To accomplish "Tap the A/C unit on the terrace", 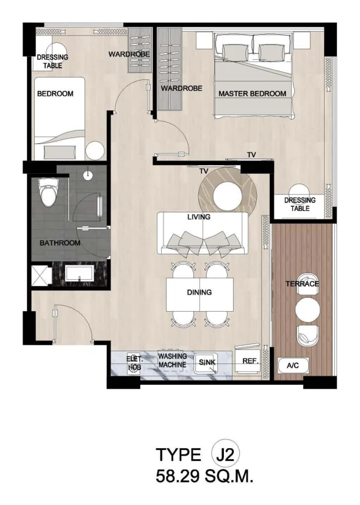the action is [x=293, y=365].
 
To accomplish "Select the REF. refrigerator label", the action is [x=250, y=361].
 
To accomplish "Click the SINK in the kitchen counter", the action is [x=207, y=363].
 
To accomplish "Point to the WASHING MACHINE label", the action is [x=173, y=360].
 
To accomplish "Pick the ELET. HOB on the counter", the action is [x=134, y=363].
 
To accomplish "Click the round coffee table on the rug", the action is [x=228, y=196].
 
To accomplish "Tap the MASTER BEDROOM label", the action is [x=253, y=94].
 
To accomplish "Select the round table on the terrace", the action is [x=308, y=309].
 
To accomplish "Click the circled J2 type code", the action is [x=226, y=455].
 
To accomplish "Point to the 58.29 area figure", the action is [x=178, y=476].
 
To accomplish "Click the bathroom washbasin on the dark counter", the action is [x=79, y=273].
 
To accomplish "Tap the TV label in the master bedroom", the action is [x=251, y=155].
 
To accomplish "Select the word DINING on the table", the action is [x=199, y=292].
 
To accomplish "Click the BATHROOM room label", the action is [x=60, y=243].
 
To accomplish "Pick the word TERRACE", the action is [x=302, y=284].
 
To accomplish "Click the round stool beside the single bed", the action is [x=95, y=151].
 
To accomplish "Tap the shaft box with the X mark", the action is [x=41, y=275].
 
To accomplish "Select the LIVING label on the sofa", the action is [x=199, y=217].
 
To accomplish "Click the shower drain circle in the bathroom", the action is [x=88, y=175].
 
